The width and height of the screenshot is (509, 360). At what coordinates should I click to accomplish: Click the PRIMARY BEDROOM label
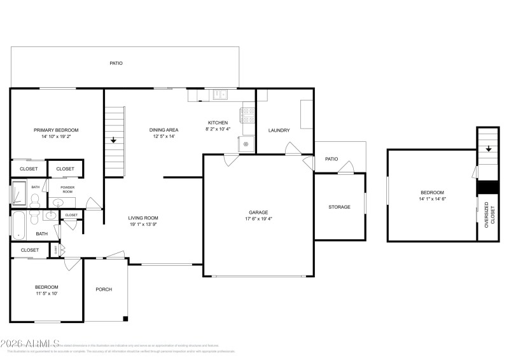(56, 130)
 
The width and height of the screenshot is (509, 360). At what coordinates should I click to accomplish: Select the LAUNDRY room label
(279, 130)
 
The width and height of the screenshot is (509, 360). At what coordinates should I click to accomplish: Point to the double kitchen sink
(220, 95)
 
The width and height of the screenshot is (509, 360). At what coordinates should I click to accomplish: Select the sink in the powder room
(59, 203)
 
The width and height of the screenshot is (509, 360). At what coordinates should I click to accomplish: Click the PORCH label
(104, 289)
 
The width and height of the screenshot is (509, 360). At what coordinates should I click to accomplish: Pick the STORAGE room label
(339, 207)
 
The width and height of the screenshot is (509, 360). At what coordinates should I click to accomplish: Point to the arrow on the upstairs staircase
(489, 149)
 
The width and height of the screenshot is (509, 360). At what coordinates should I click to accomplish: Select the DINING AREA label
(164, 130)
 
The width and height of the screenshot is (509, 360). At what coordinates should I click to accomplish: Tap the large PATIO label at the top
(116, 63)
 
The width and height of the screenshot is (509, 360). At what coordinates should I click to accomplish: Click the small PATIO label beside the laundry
(331, 159)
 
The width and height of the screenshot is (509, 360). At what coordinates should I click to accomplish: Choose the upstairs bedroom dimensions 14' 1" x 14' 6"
(432, 199)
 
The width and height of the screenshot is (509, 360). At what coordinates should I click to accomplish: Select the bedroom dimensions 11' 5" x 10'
(46, 294)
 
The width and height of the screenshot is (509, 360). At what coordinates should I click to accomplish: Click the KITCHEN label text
(218, 123)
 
